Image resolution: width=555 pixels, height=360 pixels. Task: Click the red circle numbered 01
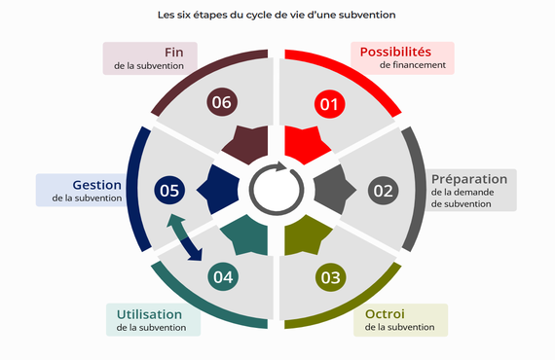(328, 103)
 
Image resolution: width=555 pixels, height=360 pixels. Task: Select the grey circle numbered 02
(383, 190)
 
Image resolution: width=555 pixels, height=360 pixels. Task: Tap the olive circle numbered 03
(330, 277)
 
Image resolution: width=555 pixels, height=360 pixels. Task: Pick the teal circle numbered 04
(224, 277)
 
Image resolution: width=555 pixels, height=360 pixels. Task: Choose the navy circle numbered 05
(169, 190)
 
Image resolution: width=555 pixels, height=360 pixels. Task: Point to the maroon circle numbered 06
(222, 102)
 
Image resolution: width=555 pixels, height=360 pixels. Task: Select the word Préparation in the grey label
(468, 179)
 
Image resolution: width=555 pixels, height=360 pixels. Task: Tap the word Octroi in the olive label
(385, 313)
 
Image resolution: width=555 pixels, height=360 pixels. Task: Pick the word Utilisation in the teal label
(149, 314)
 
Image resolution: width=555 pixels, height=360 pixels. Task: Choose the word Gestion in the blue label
(96, 184)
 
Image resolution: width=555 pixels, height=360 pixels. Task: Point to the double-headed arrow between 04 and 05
(185, 237)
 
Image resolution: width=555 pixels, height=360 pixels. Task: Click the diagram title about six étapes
(277, 16)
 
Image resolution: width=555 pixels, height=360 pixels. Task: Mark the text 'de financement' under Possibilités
(413, 65)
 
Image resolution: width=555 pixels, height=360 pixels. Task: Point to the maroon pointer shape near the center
(248, 145)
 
